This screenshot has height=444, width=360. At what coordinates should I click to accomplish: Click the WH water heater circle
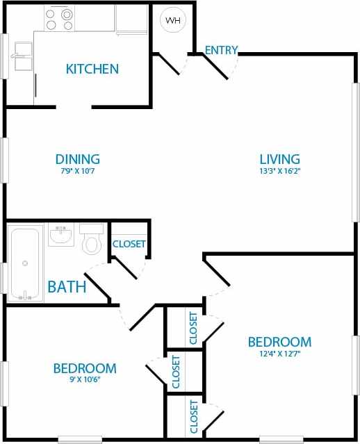(173, 20)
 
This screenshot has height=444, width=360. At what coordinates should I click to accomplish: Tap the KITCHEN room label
(92, 69)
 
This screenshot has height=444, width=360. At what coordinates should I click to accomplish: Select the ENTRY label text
(222, 50)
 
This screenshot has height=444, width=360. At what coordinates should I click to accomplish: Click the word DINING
(78, 159)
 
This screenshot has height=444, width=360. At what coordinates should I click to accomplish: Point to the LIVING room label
(279, 159)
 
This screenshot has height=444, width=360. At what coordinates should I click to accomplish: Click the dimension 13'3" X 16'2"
(279, 171)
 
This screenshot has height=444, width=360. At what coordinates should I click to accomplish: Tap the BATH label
(67, 286)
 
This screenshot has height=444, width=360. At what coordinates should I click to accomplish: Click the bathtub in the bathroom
(26, 263)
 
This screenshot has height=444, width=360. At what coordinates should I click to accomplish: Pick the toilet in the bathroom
(92, 240)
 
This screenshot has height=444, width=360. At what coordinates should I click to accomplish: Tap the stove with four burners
(59, 19)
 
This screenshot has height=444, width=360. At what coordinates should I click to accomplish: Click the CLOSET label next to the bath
(129, 244)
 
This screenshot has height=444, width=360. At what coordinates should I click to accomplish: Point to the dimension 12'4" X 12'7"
(279, 354)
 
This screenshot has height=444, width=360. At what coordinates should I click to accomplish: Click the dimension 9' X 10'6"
(85, 379)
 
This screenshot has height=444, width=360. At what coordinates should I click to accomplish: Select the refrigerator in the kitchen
(131, 20)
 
